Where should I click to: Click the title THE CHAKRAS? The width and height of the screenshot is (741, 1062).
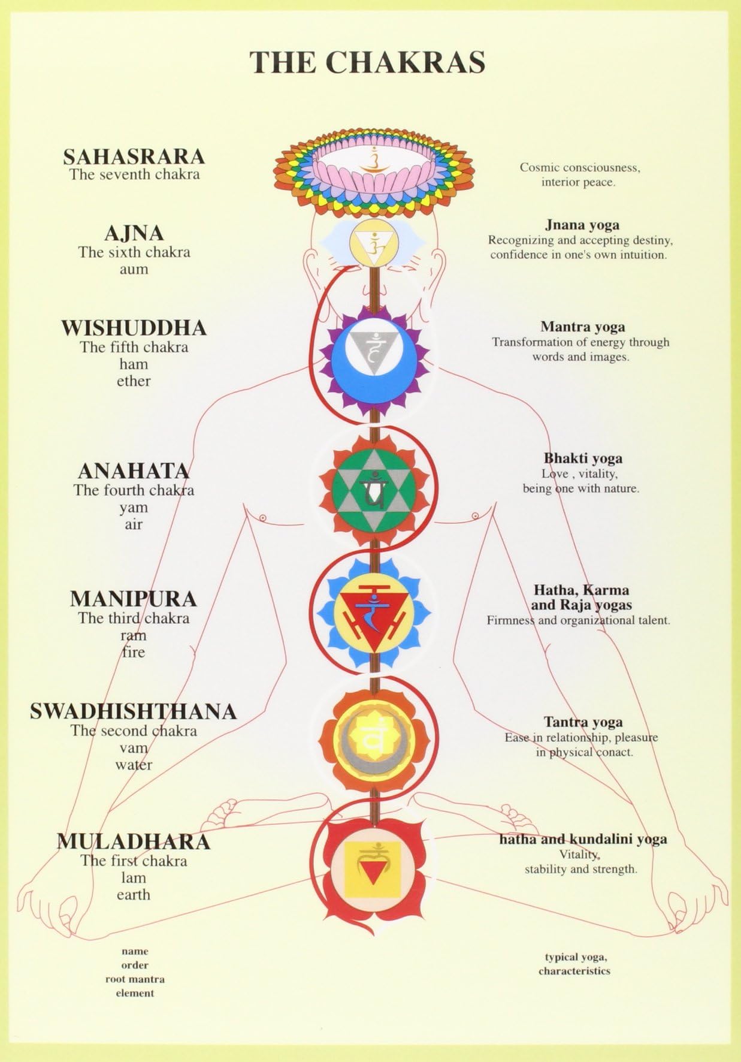367,62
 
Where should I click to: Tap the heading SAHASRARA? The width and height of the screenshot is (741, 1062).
134,157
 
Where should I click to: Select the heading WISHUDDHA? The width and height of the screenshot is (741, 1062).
134,328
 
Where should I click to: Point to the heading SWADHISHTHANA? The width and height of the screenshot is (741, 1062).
134,712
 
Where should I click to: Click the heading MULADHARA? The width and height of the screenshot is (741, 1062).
134,841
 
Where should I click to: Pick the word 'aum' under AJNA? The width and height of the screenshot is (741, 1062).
134,269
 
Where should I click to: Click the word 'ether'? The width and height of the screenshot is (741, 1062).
134,381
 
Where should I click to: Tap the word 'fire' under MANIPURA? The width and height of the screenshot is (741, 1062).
134,652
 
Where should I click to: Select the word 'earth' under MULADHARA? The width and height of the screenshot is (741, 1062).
134,895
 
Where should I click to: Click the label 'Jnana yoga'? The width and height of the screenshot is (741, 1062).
582,225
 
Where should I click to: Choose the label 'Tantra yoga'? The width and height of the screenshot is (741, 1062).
583,722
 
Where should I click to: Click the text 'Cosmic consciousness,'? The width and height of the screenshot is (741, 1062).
579,168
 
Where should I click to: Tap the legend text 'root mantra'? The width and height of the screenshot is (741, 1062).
135,979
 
